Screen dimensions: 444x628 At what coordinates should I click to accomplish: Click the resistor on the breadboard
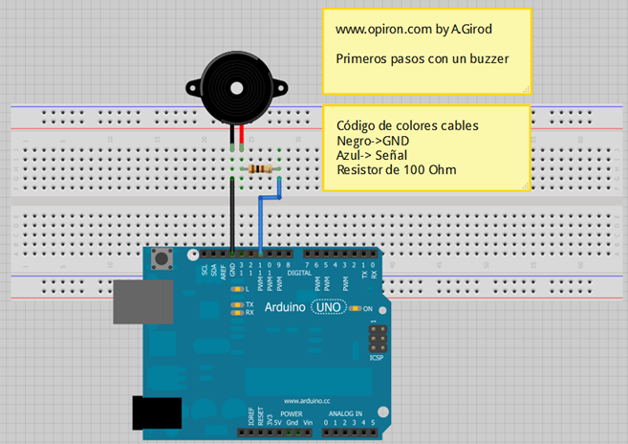260,169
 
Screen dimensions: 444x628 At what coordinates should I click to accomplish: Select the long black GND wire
232,215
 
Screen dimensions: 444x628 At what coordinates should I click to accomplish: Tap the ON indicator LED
355,308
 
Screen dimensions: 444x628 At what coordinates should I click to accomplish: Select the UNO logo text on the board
327,308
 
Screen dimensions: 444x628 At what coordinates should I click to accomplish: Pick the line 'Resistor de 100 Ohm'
396,169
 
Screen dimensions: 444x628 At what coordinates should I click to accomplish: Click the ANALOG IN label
345,414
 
